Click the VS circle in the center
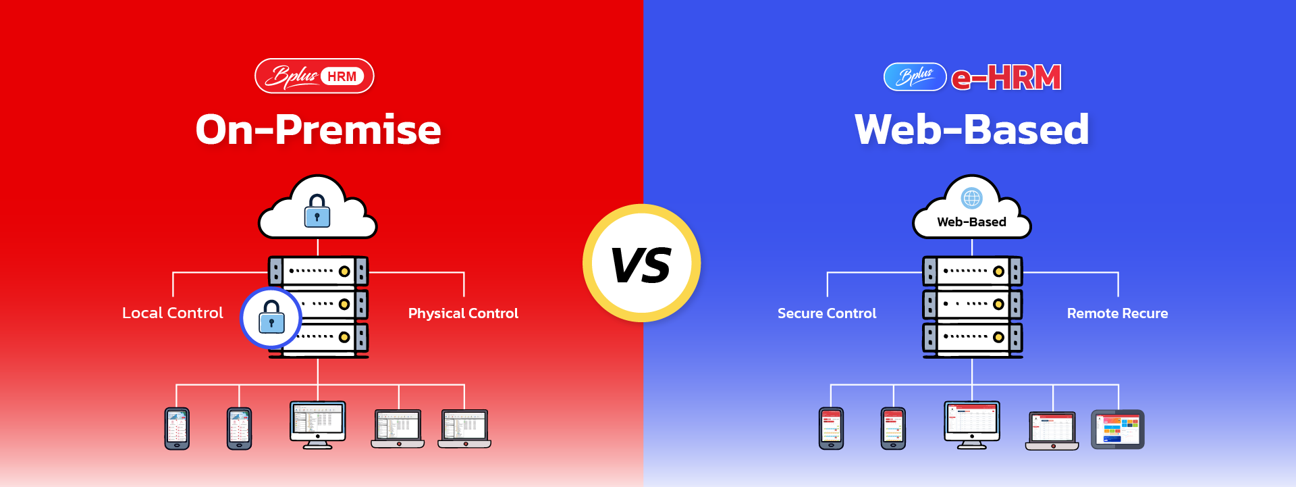[641, 263]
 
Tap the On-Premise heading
[318, 129]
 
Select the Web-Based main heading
[971, 129]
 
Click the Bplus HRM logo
[315, 76]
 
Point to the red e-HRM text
[1006, 78]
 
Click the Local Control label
[173, 313]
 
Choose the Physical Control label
[463, 313]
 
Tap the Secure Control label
[827, 313]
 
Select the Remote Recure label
[1117, 313]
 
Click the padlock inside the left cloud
[317, 211]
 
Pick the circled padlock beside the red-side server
[271, 317]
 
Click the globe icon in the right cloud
[972, 199]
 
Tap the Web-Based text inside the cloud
[971, 222]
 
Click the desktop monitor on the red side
[318, 425]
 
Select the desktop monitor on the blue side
[972, 425]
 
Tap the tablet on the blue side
[1118, 429]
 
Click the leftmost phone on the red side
[177, 428]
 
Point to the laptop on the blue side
[1052, 430]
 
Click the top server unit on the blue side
[972, 272]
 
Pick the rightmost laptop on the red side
[464, 428]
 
